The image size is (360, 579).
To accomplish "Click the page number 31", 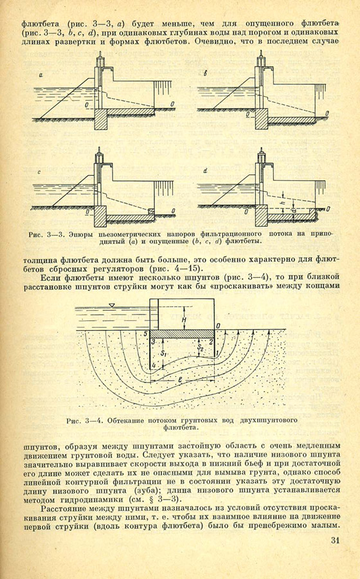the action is pyautogui.click(x=334, y=540).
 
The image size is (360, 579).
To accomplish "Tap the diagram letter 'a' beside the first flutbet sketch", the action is pyautogui.click(x=40, y=75).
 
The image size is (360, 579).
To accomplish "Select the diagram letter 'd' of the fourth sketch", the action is pyautogui.click(x=205, y=171).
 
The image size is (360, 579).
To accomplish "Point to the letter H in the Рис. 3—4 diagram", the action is pyautogui.click(x=184, y=320).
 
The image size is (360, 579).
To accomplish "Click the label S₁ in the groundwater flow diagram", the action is pyautogui.click(x=164, y=353).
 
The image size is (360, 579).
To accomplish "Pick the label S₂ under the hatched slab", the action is pyautogui.click(x=199, y=347).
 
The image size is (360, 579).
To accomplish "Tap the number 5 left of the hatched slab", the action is pyautogui.click(x=146, y=334).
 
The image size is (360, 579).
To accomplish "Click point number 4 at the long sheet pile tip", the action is pyautogui.click(x=154, y=366).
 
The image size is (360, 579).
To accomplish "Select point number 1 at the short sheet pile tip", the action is pyautogui.click(x=217, y=353).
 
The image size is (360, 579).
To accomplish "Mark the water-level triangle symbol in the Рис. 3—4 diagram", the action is pyautogui.click(x=112, y=305).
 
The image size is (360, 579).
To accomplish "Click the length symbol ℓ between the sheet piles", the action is pyautogui.click(x=179, y=379).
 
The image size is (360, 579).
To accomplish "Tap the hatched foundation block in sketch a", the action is pyautogui.click(x=101, y=119).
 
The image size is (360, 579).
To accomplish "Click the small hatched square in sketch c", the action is pyautogui.click(x=151, y=211).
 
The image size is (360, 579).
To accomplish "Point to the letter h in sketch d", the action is pyautogui.click(x=283, y=203).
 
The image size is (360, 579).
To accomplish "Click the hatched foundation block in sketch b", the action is pyautogui.click(x=262, y=119).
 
